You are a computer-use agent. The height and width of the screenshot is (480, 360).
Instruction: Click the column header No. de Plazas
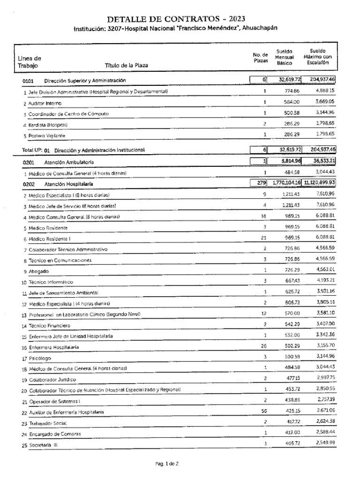click(x=261, y=58)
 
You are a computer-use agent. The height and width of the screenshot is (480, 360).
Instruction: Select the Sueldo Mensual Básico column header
click(x=284, y=57)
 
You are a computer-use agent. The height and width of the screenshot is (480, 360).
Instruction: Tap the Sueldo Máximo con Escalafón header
click(x=318, y=57)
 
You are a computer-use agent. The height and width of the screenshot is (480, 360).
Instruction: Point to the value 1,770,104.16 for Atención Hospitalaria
click(x=285, y=183)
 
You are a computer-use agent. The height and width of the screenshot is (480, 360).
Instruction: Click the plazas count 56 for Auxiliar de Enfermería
click(x=264, y=412)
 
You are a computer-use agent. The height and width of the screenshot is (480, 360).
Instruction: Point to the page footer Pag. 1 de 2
click(x=167, y=464)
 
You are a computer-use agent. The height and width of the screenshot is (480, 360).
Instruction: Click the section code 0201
click(x=29, y=162)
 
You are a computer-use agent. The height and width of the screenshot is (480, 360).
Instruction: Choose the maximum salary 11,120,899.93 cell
click(x=320, y=183)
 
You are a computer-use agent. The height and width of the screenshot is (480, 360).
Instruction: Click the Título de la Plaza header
click(x=126, y=66)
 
